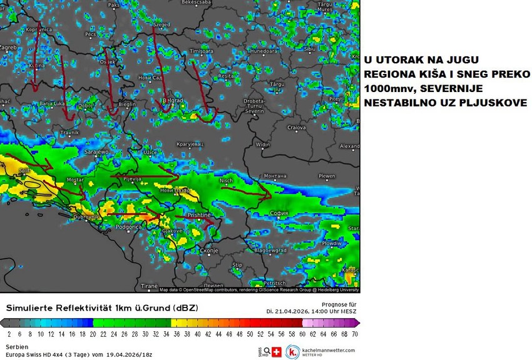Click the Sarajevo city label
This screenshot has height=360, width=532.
click(x=97, y=152)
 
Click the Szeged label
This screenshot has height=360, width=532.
click(x=161, y=24)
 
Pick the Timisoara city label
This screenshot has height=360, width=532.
click(x=202, y=50)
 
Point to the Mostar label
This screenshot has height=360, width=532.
click(x=75, y=180)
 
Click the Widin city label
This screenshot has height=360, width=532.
click(x=263, y=145)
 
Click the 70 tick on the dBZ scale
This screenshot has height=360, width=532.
click(x=354, y=334)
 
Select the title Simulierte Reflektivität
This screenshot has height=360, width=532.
click(x=59, y=308)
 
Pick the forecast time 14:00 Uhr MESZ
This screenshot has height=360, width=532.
click(x=332, y=311)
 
